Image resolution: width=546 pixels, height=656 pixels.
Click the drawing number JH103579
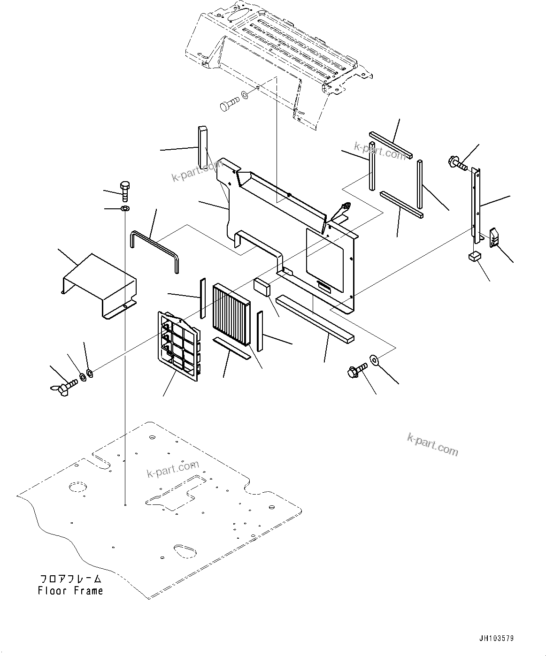point(496,638)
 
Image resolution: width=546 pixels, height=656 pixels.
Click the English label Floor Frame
point(70,591)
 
